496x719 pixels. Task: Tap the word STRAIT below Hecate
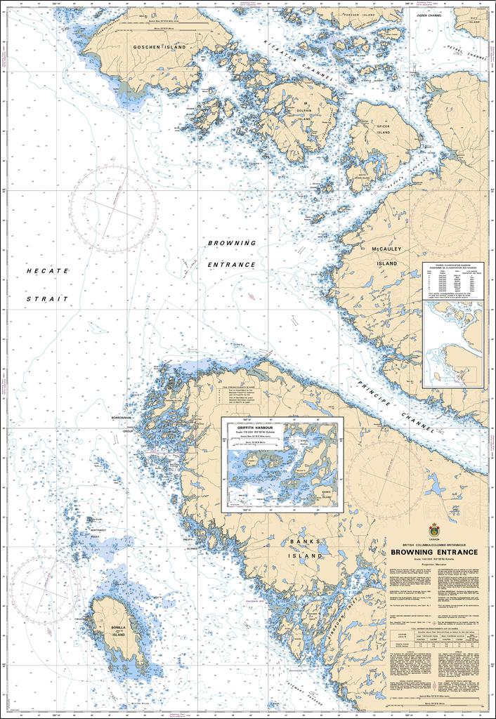pos(47,298)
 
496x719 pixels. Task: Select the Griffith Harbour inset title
pos(254,426)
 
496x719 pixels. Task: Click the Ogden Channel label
pos(429,15)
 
